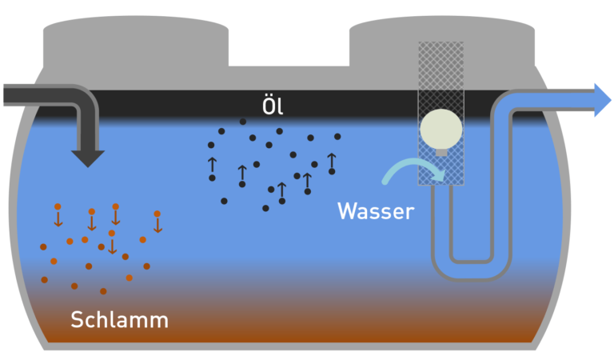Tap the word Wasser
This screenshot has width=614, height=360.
tap(375, 211)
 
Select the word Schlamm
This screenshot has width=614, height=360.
tap(119, 320)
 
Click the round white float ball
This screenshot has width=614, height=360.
tap(441, 126)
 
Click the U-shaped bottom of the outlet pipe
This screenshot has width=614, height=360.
tap(471, 268)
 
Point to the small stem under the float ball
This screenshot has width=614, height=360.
tap(441, 150)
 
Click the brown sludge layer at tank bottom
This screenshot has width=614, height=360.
tap(304, 332)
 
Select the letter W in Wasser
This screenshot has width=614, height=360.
tap(346, 211)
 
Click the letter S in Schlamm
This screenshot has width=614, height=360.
tap(78, 320)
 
